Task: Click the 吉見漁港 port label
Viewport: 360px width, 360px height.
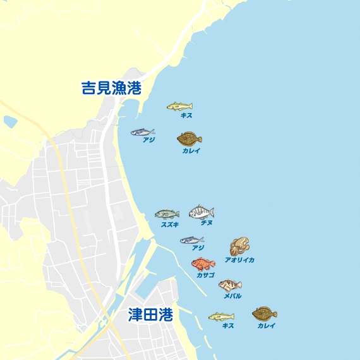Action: point(111,88)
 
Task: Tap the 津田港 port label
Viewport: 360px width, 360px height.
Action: point(150,315)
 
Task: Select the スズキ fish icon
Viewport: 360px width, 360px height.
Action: point(167,214)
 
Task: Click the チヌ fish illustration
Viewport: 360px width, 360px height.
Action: point(201,212)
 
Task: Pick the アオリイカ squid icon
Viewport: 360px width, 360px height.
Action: point(240,246)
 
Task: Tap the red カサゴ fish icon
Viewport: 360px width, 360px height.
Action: point(203,263)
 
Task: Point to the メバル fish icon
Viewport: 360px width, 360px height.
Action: point(230,285)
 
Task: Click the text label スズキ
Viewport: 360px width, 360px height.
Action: point(169,224)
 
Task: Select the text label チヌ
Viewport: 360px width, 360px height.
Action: point(207,223)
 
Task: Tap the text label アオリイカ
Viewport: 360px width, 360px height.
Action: point(239,260)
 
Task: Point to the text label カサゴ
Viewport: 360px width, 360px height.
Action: point(205,275)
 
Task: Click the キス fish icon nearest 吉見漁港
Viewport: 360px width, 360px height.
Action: point(179,106)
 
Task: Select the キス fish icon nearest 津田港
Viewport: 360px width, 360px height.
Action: point(221,316)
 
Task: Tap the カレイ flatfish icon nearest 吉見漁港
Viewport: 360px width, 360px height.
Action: point(189,138)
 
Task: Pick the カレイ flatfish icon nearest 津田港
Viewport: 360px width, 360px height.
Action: point(265,314)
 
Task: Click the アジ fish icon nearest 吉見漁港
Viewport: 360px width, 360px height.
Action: point(143,132)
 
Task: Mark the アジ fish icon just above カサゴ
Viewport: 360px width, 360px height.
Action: point(192,240)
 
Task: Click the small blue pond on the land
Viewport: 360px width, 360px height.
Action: point(10,121)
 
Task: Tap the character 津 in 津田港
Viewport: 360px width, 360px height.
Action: point(135,315)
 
